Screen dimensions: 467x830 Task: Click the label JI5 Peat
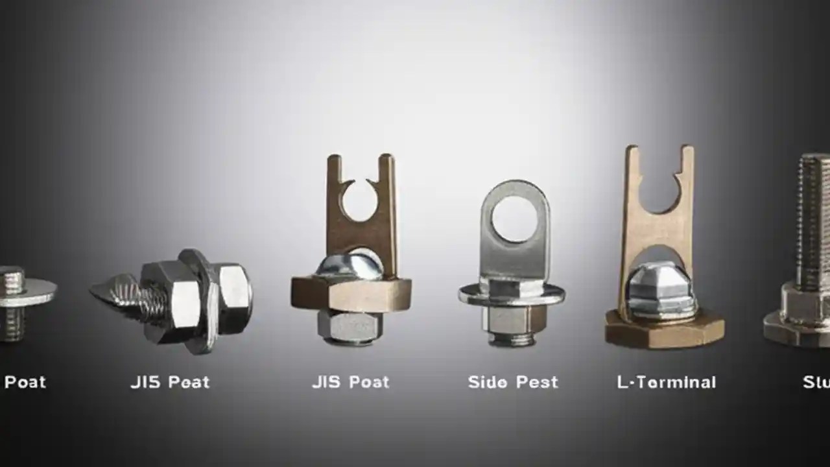tap(170, 382)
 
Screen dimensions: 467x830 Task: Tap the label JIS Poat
tap(350, 382)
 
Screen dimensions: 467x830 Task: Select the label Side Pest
tap(512, 382)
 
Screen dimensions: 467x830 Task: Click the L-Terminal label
tap(666, 382)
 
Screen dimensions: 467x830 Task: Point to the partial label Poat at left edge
tap(25, 382)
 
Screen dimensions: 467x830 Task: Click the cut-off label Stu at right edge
tap(816, 382)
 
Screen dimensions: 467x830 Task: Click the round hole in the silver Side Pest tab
tap(513, 219)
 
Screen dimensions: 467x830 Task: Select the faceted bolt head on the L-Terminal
tap(662, 289)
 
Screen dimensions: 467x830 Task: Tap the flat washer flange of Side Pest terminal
tap(512, 295)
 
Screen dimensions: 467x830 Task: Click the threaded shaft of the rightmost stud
tap(814, 221)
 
